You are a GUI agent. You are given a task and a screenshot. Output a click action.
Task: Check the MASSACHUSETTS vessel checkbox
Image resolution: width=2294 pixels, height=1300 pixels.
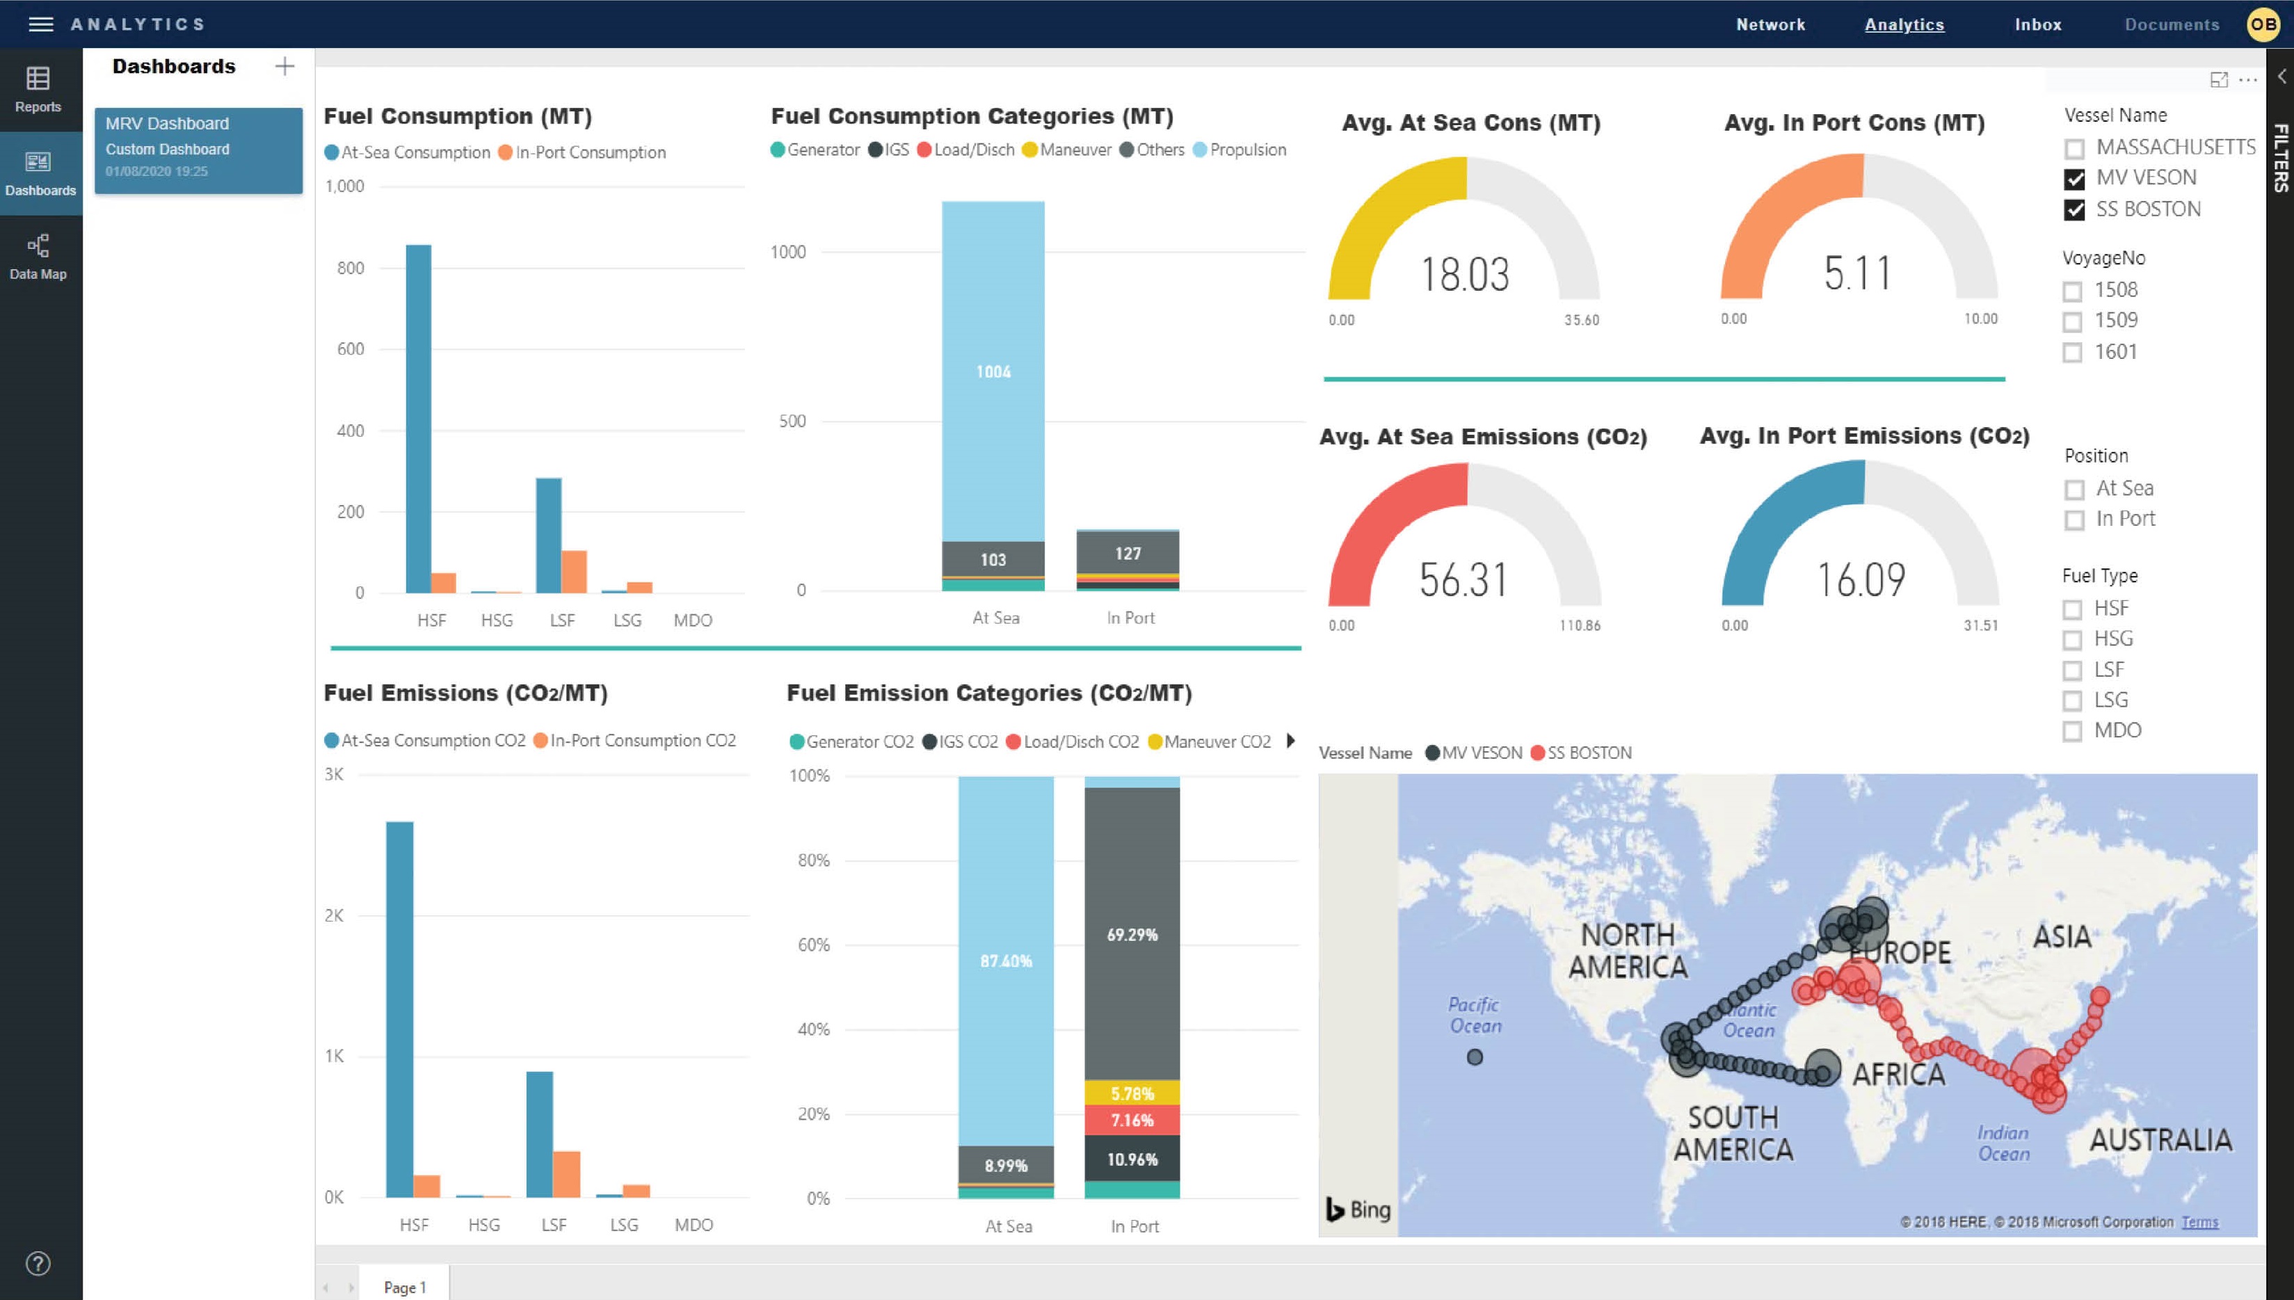[2074, 148]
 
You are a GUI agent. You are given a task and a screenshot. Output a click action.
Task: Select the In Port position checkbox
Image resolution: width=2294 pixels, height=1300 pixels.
[2074, 520]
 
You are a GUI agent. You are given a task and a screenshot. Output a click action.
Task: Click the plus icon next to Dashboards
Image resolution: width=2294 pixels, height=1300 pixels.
[284, 66]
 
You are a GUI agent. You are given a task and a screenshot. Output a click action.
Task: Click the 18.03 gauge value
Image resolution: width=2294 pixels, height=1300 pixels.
[1464, 274]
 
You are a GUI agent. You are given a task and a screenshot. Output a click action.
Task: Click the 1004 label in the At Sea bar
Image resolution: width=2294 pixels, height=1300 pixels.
[993, 371]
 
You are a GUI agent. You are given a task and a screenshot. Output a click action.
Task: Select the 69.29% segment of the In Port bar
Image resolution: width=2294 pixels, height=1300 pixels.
[1131, 935]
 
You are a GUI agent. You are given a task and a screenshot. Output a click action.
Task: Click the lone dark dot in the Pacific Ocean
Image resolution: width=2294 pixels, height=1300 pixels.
[1475, 1057]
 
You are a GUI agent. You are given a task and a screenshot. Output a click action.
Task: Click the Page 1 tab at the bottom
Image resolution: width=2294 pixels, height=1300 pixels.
[404, 1287]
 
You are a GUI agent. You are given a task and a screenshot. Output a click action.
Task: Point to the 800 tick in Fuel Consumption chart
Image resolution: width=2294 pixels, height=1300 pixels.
[350, 268]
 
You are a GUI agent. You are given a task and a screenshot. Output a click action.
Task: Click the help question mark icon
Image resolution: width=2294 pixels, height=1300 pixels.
[38, 1263]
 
